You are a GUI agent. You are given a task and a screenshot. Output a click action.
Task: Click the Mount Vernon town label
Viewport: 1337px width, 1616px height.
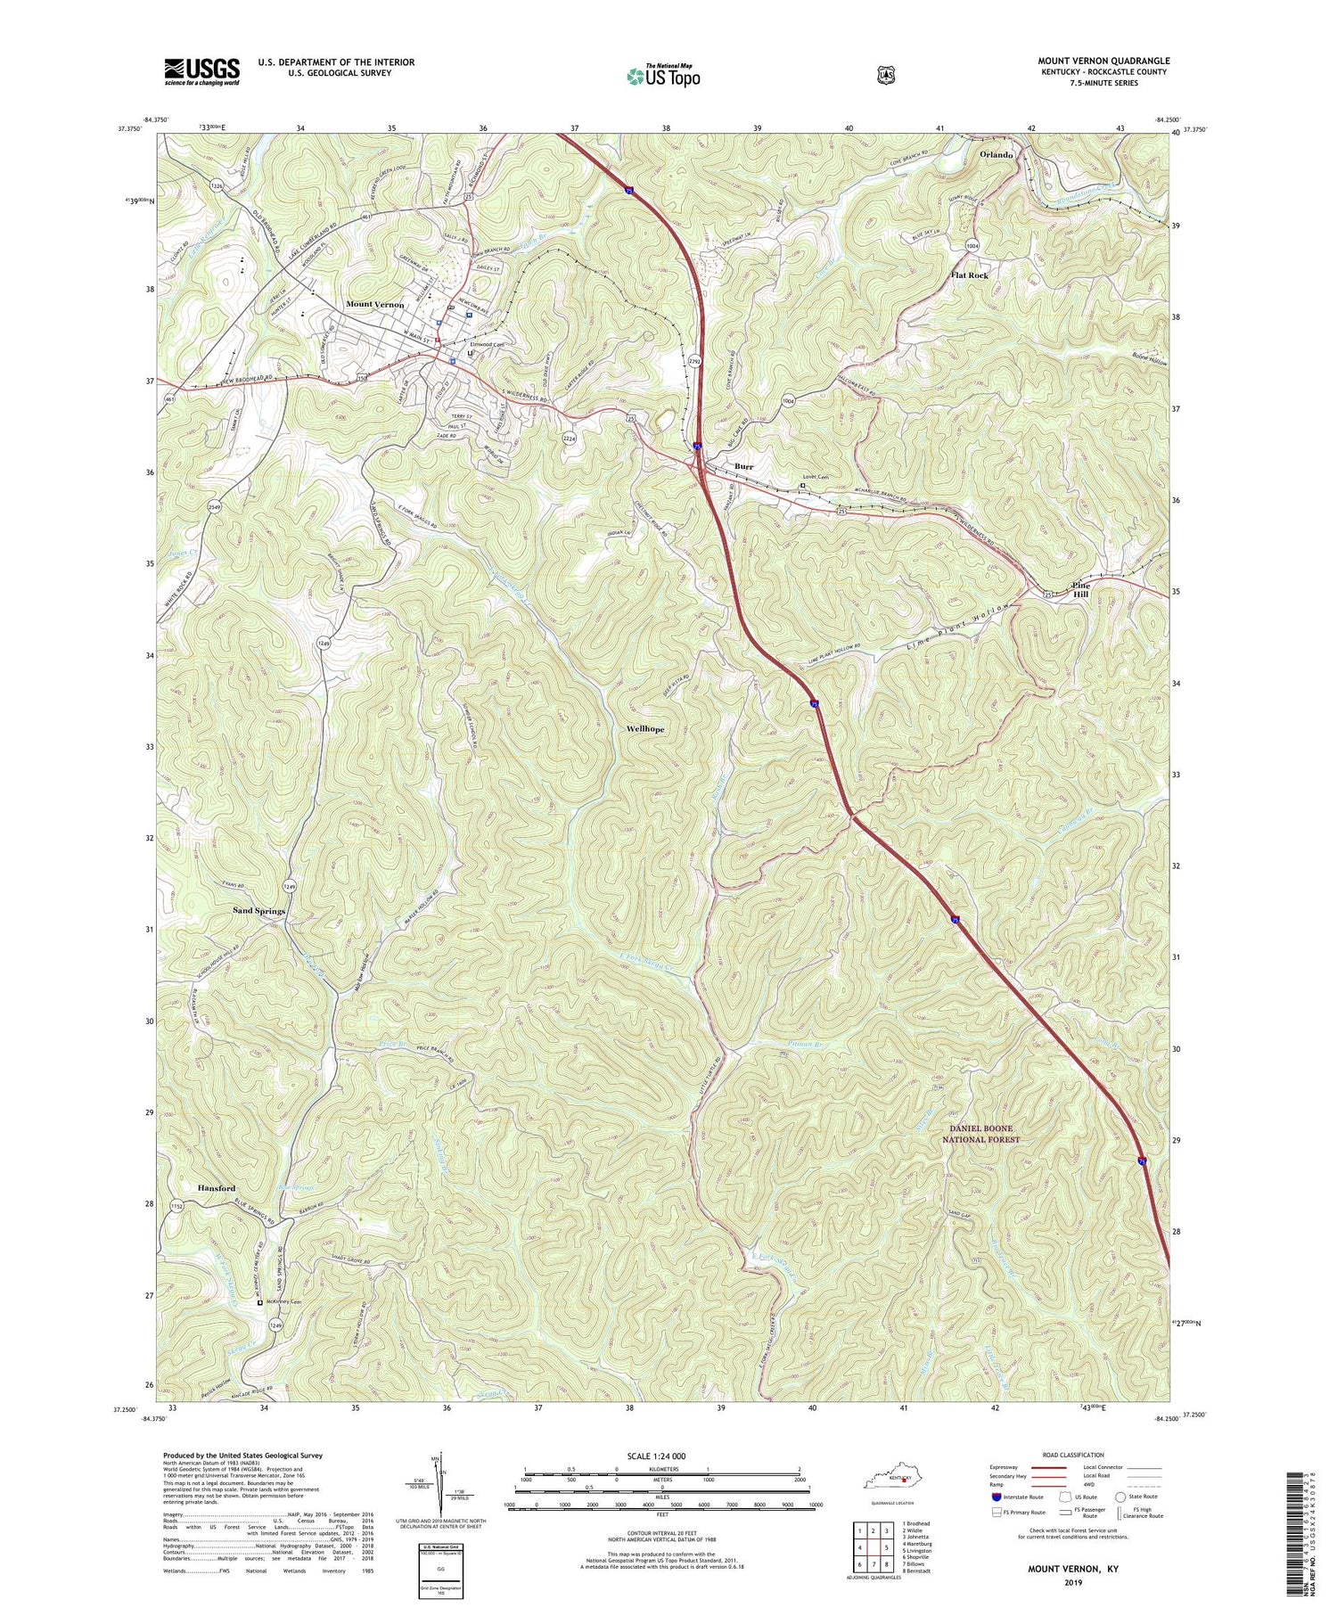coord(374,305)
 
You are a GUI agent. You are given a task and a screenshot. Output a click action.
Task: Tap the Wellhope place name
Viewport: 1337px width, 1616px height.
coord(645,729)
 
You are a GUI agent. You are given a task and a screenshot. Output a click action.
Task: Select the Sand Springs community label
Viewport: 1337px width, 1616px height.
coord(258,911)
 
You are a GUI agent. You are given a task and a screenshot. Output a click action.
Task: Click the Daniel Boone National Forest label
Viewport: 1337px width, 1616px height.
coord(980,1134)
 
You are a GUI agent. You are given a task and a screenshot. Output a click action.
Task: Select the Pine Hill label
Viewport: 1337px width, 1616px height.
coord(1080,589)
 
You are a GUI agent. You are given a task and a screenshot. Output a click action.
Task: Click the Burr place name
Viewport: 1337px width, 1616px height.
coord(744,466)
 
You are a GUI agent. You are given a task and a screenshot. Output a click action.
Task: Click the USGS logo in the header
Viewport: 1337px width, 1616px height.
coord(201,71)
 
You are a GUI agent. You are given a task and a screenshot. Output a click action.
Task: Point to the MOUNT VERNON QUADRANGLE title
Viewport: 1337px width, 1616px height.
coord(1103,61)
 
